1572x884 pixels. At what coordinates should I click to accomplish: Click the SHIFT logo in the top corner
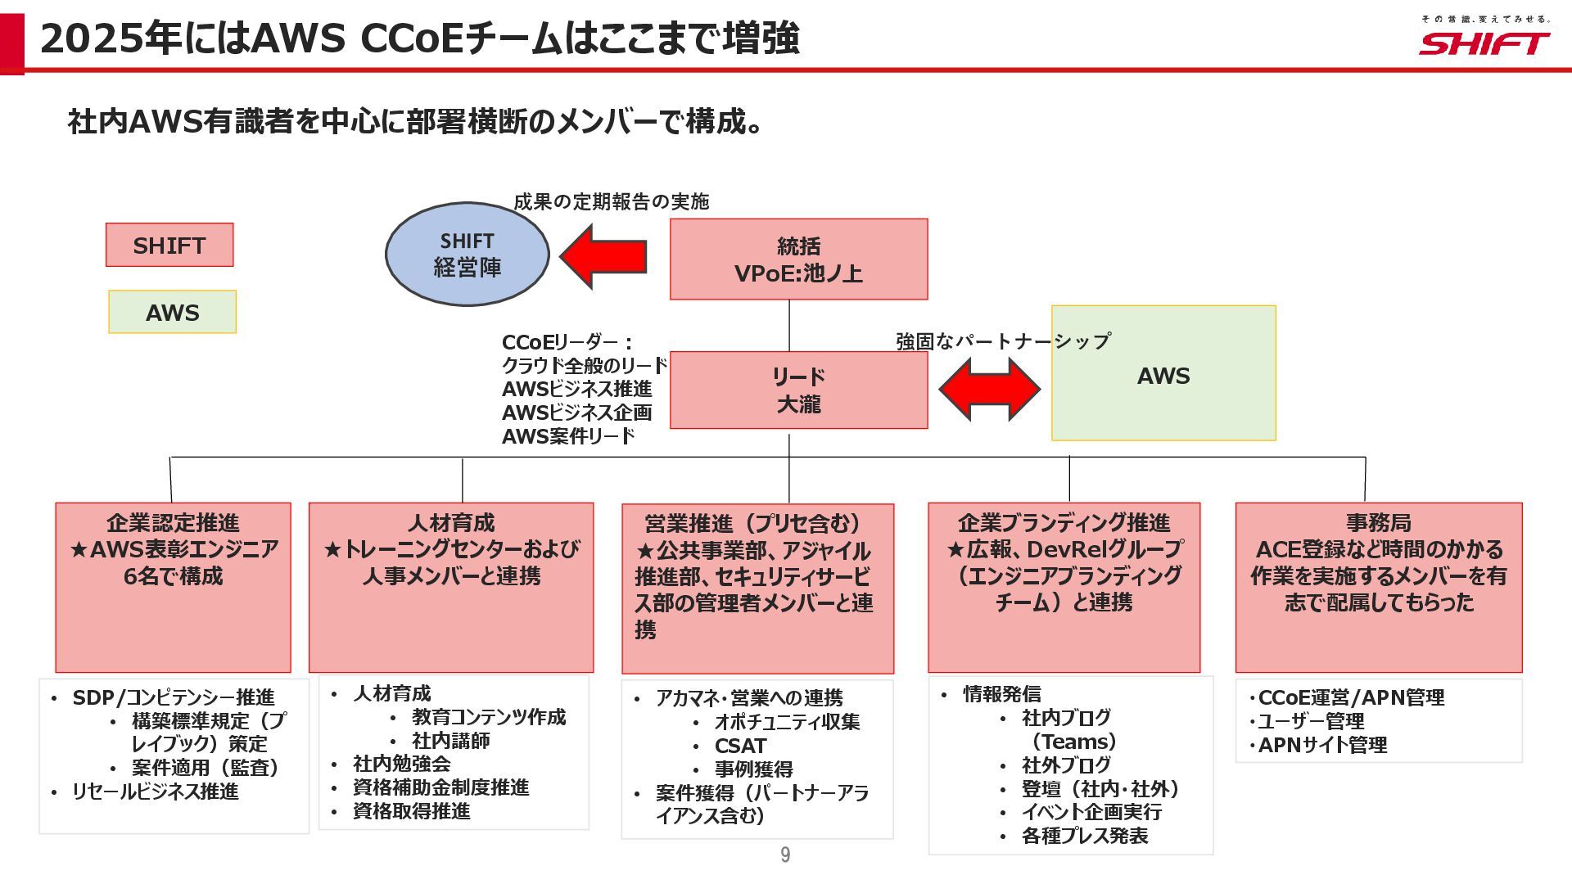pos(1484,42)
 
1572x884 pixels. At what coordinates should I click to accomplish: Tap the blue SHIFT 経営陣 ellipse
pos(467,255)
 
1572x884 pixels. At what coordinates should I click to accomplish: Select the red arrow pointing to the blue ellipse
pos(604,257)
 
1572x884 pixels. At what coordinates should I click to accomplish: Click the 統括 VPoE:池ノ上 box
pos(798,259)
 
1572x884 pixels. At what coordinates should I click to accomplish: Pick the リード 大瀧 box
pos(798,390)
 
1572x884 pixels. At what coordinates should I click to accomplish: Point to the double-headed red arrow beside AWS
pos(989,390)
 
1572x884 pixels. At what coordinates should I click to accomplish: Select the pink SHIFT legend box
pos(169,245)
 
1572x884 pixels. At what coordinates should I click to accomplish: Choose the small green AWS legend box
pos(172,312)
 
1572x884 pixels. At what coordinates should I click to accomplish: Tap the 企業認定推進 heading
pos(173,523)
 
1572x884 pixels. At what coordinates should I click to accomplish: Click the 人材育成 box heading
pos(451,523)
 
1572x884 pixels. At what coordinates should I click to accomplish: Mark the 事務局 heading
pos(1378,523)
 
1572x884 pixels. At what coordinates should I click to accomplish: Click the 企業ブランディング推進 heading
pos(1064,523)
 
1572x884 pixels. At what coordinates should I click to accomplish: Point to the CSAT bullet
pos(740,746)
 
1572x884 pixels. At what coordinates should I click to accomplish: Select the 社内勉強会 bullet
pos(401,764)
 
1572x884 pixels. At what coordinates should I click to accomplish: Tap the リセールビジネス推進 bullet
pos(155,792)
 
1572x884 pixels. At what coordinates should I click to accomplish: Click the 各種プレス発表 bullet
pos(1084,836)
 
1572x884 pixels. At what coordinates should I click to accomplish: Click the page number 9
pos(785,855)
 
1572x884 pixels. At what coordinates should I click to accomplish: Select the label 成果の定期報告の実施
pos(611,201)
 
